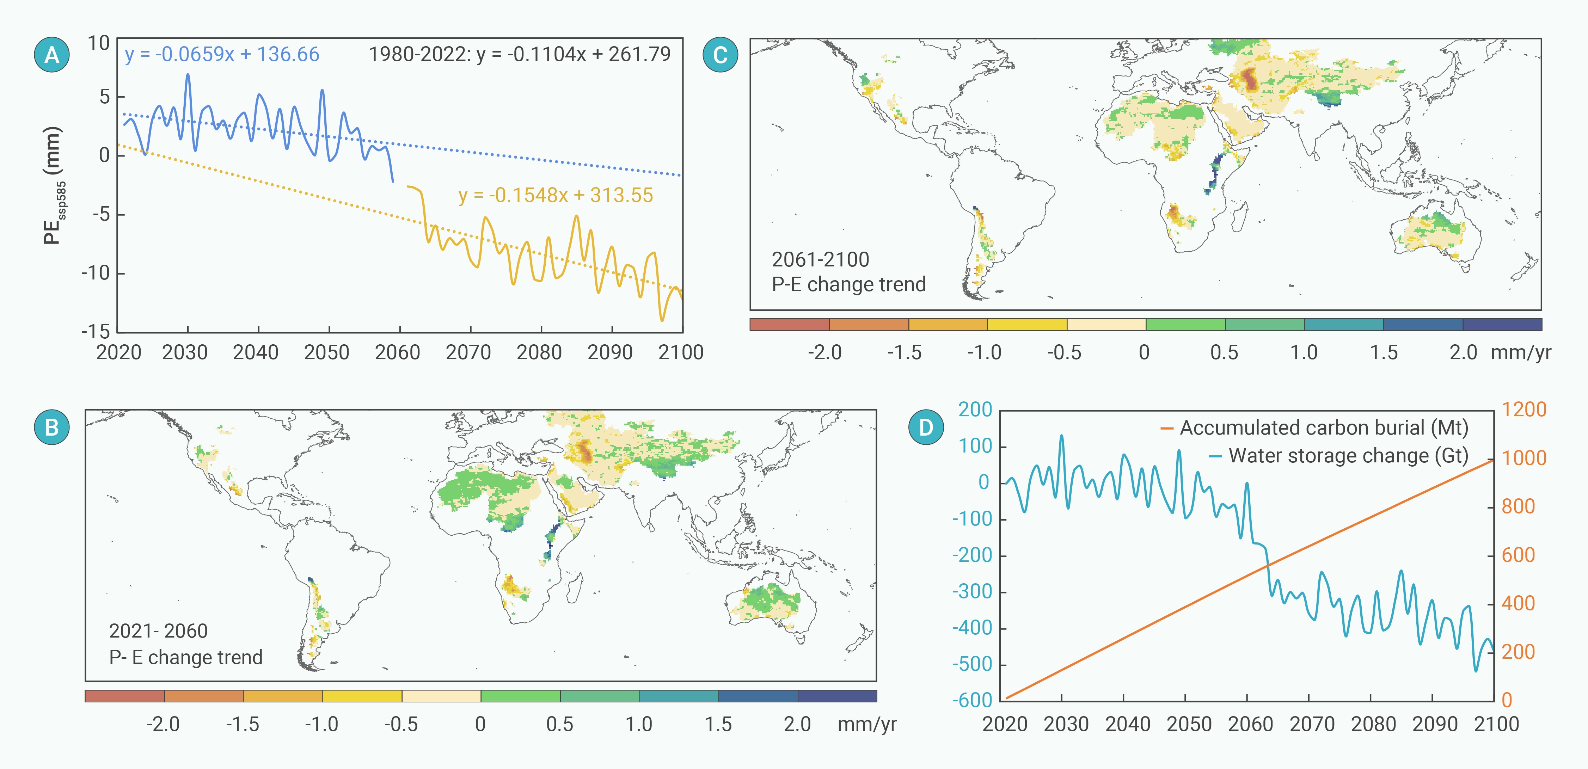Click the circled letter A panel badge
pos(52,55)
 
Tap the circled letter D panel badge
pos(926,427)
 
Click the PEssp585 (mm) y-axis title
pos(54,185)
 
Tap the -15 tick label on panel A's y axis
pos(96,332)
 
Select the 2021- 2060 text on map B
pos(158,631)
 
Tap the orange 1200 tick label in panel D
pos(1523,409)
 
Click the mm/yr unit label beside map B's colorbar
pos(866,724)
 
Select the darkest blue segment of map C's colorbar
pos(1502,324)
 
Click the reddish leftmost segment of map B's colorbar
pos(124,696)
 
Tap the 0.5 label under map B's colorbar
pos(559,724)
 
